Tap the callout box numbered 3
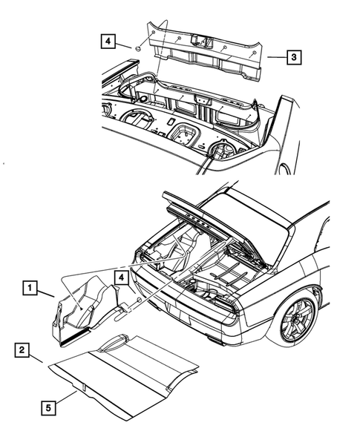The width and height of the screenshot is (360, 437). tap(295, 56)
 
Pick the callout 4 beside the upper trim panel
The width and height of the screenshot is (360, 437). tap(108, 42)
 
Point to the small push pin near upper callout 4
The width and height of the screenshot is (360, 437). tap(138, 47)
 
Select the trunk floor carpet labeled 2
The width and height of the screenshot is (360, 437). tap(122, 371)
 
